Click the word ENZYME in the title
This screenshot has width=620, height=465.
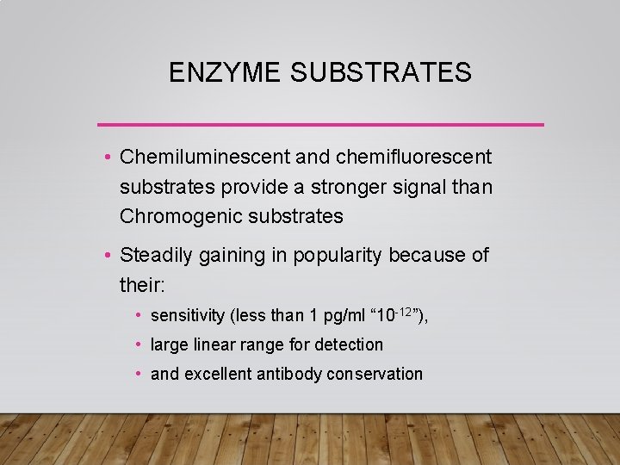click(x=223, y=73)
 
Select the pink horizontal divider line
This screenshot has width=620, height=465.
click(x=320, y=125)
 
